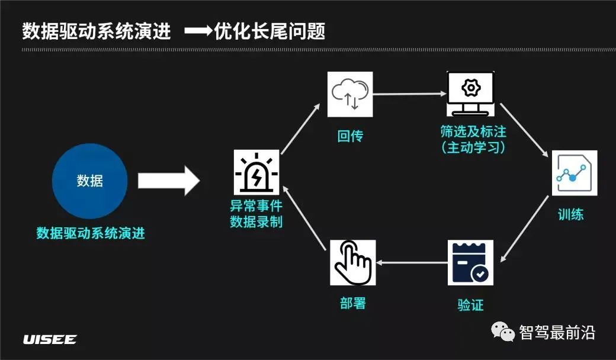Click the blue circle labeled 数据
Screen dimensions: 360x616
tap(90, 181)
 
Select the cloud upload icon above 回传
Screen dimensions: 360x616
tap(350, 94)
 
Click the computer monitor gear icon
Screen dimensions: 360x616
tap(470, 94)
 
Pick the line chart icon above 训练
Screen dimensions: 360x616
tap(574, 173)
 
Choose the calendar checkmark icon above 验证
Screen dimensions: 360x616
tap(470, 263)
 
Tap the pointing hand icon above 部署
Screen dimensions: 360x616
tap(353, 263)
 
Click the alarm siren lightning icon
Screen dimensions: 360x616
tap(256, 172)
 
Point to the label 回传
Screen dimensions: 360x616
tap(350, 136)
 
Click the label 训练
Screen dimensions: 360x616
tap(571, 214)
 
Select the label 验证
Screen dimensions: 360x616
tap(470, 305)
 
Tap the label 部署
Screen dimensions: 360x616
tap(353, 303)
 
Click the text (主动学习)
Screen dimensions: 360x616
tap(474, 147)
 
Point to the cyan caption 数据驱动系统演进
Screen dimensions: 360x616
tap(91, 233)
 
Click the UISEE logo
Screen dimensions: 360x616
tap(50, 340)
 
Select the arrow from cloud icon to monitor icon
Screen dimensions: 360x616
tap(409, 94)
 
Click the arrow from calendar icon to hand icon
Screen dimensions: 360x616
tap(412, 262)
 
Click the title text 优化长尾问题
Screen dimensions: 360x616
tap(270, 31)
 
